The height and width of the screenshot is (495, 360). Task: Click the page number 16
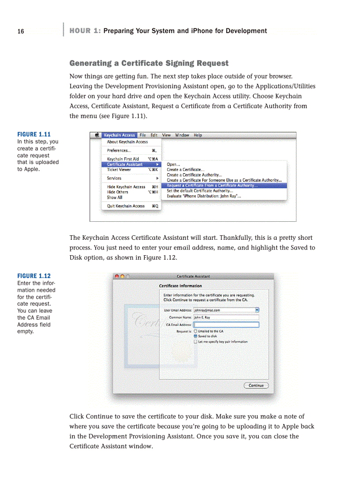[x=21, y=31]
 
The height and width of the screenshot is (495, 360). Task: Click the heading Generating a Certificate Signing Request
[x=149, y=63]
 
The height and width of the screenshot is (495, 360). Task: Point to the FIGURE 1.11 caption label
[x=34, y=134]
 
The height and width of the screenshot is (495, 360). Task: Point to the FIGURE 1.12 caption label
[x=34, y=276]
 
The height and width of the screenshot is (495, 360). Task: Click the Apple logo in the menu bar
[x=97, y=135]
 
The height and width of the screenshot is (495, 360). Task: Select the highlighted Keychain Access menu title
[x=119, y=135]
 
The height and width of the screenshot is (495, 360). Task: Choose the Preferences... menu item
[x=119, y=150]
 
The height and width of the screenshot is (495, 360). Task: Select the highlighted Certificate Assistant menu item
[x=125, y=164]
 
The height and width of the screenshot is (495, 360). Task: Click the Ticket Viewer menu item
[x=119, y=170]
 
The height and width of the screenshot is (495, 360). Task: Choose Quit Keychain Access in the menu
[x=126, y=206]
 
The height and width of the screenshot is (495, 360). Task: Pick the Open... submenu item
[x=173, y=164]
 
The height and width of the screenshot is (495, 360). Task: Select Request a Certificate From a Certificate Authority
[x=212, y=186]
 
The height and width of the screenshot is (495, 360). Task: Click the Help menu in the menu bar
[x=198, y=135]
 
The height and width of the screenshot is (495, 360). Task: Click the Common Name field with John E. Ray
[x=226, y=317]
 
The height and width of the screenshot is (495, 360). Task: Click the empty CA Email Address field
[x=226, y=325]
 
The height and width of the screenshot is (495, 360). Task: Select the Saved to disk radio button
[x=195, y=336]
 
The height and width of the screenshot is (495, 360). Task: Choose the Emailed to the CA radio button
[x=195, y=331]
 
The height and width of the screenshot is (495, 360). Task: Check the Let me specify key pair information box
[x=195, y=342]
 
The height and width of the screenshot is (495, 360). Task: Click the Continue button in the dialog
[x=256, y=386]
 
